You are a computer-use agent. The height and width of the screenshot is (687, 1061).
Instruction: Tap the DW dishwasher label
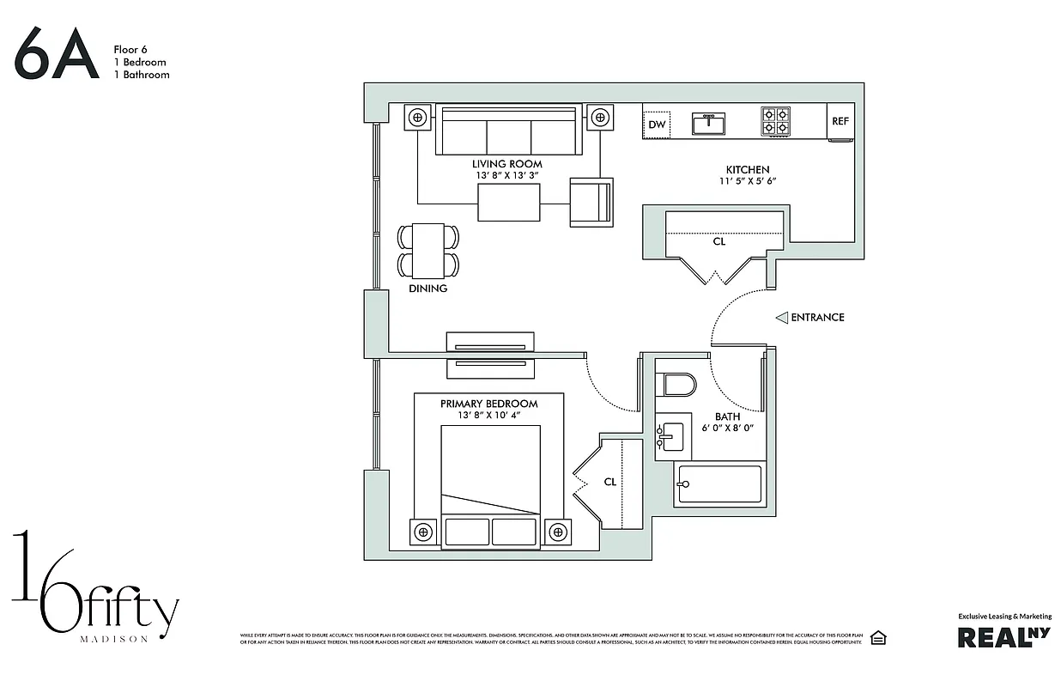click(x=657, y=125)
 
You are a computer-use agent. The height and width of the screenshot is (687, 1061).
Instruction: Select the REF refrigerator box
click(x=840, y=121)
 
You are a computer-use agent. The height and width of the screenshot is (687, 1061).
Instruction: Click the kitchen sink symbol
click(x=708, y=124)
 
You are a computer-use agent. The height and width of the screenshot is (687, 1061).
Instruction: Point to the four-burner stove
click(x=775, y=121)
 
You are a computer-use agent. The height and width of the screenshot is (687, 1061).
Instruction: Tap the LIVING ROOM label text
click(x=506, y=164)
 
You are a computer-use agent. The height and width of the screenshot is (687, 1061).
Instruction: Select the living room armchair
click(x=591, y=203)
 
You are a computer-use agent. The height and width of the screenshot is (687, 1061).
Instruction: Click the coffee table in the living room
click(x=508, y=203)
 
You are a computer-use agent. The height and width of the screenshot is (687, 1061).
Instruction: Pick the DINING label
click(x=427, y=289)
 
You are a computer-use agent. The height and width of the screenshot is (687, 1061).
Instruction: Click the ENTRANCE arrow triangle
click(x=781, y=318)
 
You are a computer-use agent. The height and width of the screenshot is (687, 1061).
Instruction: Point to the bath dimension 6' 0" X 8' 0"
click(x=727, y=428)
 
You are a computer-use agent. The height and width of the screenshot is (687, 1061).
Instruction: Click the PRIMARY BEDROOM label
click(x=488, y=404)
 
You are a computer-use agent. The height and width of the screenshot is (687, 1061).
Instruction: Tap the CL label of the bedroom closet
click(x=609, y=482)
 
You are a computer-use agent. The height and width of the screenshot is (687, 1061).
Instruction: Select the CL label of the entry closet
click(x=719, y=242)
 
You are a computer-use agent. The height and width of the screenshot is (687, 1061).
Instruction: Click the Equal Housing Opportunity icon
click(x=877, y=637)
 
